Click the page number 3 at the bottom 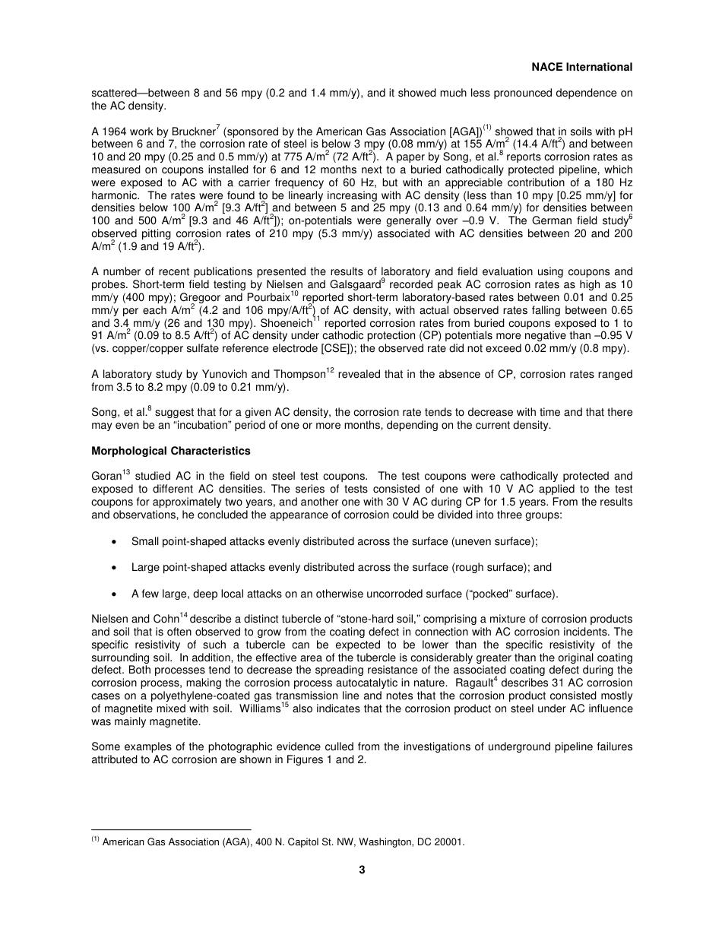click(x=362, y=870)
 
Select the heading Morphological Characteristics click(x=170, y=452)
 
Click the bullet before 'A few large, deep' click(x=114, y=594)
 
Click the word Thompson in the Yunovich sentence click(x=295, y=374)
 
